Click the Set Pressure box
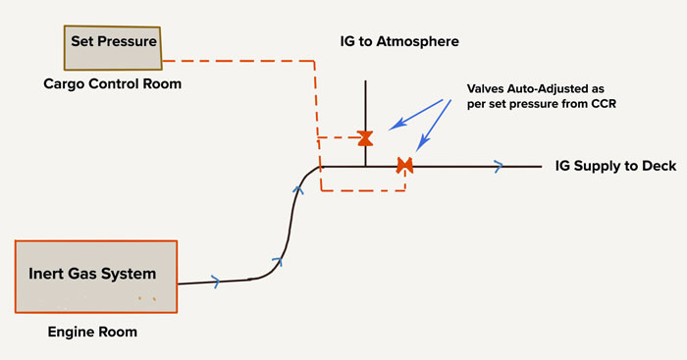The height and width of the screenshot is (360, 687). click(x=113, y=48)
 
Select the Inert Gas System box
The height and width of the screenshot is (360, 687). click(x=96, y=277)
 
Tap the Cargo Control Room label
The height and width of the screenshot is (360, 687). click(x=113, y=83)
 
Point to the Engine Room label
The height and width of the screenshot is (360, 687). click(x=92, y=332)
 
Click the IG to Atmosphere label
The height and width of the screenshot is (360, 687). click(x=399, y=41)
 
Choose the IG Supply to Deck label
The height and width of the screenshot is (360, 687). click(x=615, y=166)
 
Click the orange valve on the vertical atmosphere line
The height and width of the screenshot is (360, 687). click(x=365, y=138)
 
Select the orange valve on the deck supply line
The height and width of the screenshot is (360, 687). click(x=404, y=166)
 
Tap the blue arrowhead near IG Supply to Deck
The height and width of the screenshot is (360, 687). click(x=499, y=167)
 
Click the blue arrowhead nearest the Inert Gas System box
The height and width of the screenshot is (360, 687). click(x=216, y=282)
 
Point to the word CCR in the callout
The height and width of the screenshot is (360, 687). click(x=604, y=104)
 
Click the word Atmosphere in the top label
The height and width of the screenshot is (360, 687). click(x=417, y=41)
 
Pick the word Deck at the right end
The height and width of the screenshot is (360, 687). click(x=659, y=166)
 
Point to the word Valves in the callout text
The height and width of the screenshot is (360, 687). click(x=486, y=89)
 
